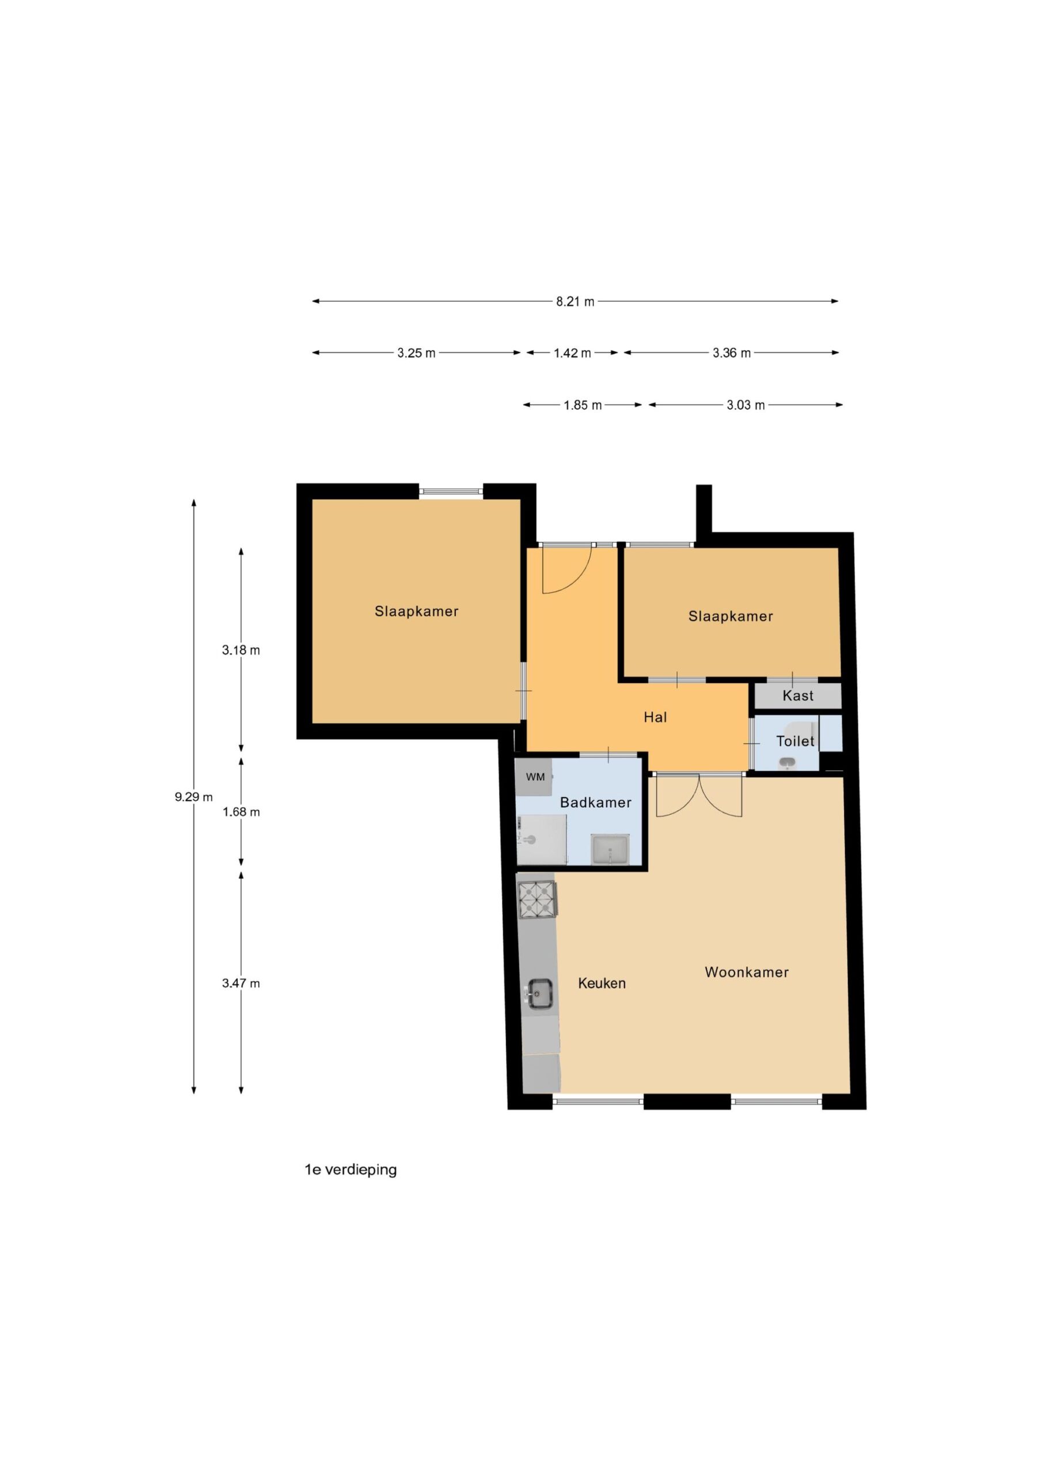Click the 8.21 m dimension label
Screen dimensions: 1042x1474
(575, 301)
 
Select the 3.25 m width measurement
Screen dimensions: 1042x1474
(416, 352)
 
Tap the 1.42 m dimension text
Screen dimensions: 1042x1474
(572, 352)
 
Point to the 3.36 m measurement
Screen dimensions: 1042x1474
(731, 352)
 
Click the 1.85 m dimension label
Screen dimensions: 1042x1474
(583, 405)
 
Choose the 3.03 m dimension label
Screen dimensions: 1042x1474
(746, 405)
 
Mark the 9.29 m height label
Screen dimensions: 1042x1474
(193, 797)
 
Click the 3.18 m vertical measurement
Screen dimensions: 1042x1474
(241, 649)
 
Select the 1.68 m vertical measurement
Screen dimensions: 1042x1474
(241, 812)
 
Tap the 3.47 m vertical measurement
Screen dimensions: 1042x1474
(241, 983)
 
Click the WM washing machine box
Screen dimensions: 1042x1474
(534, 777)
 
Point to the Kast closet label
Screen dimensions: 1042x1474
(797, 696)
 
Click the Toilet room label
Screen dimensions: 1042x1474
(795, 741)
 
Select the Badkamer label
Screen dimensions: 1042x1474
(595, 802)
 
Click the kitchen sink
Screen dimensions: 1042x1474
(541, 994)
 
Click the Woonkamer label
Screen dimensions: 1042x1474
(746, 972)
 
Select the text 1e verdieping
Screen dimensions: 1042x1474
(351, 1169)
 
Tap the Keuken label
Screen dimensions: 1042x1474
(602, 983)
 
